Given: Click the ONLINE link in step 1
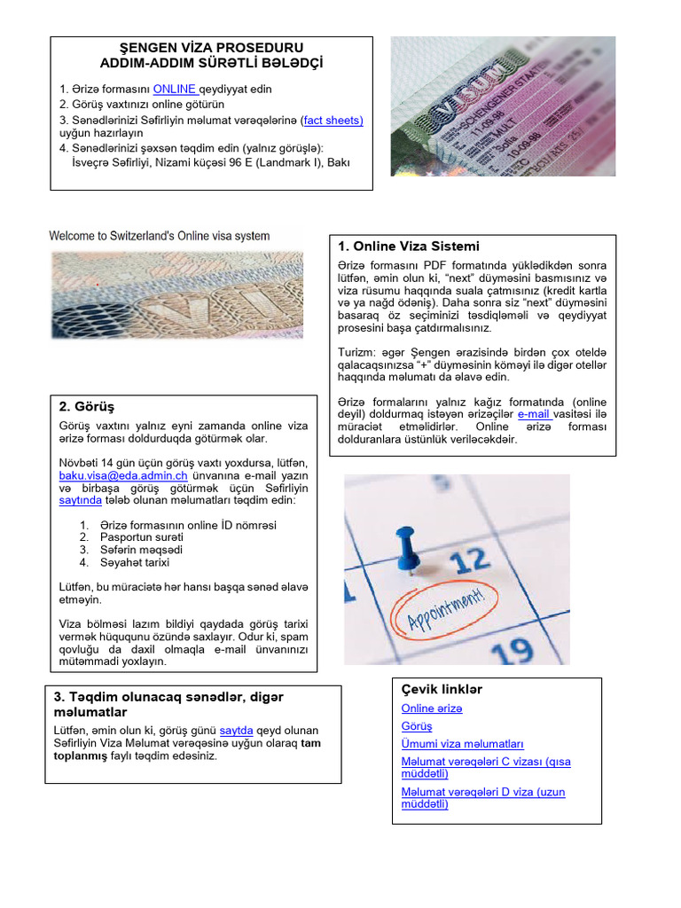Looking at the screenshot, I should click(174, 89).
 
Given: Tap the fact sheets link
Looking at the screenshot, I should click(333, 119).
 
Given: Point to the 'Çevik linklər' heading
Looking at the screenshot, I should click(442, 690).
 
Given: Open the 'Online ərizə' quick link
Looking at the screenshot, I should click(432, 708).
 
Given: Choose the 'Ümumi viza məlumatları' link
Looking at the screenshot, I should click(462, 744).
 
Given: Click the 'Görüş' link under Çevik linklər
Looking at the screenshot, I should click(417, 726).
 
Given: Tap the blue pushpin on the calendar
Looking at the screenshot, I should click(407, 544).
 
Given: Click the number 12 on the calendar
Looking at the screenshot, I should click(470, 561).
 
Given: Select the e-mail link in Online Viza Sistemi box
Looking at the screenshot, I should click(534, 413).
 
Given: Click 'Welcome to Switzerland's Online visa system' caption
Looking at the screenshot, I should click(160, 236).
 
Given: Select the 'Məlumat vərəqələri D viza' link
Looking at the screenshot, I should click(482, 798).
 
